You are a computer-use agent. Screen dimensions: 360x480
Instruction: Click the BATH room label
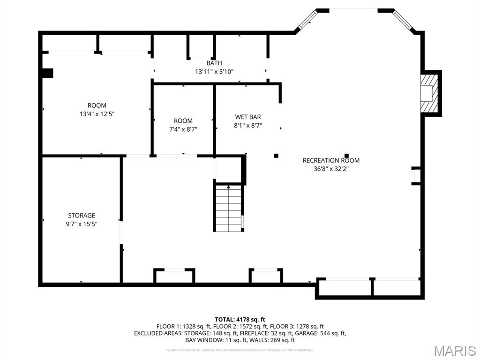pyautogui.click(x=214, y=63)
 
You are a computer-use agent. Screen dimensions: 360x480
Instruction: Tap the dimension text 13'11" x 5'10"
pyautogui.click(x=214, y=72)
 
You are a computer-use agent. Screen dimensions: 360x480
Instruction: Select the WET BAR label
pyautogui.click(x=248, y=117)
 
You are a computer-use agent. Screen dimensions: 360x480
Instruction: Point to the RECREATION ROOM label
pyautogui.click(x=331, y=160)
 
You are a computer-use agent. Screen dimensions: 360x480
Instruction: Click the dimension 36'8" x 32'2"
pyautogui.click(x=331, y=169)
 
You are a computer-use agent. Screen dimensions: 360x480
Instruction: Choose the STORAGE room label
pyautogui.click(x=82, y=216)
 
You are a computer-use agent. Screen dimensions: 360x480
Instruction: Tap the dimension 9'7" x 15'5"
pyautogui.click(x=82, y=224)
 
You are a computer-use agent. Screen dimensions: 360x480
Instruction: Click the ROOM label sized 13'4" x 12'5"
pyautogui.click(x=97, y=105)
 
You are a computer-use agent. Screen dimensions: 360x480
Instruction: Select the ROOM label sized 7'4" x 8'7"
pyautogui.click(x=183, y=121)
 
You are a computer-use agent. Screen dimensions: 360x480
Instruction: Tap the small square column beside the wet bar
pyautogui.click(x=276, y=156)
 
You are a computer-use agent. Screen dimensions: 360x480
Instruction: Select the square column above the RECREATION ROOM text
pyautogui.click(x=347, y=156)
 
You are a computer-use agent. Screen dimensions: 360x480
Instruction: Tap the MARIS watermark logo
pyautogui.click(x=455, y=351)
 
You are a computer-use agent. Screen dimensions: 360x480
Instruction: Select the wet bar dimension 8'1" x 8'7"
pyautogui.click(x=248, y=126)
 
